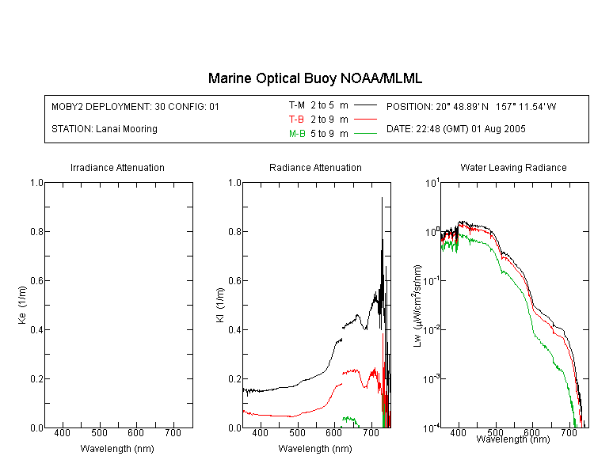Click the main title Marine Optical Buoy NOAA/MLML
314,78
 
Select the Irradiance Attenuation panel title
117,167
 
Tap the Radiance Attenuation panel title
315,167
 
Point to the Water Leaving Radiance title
513,167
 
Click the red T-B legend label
296,120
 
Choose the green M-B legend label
297,133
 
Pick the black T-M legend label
297,105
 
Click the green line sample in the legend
365,133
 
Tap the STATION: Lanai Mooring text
105,129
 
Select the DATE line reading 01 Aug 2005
455,129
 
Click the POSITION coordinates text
471,106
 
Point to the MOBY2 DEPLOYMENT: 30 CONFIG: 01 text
135,106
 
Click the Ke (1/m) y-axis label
22,305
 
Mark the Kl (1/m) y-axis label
219,305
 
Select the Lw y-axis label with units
417,306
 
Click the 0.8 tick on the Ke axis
36,231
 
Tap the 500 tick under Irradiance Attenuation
99,433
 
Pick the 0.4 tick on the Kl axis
235,330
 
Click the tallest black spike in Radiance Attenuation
382,198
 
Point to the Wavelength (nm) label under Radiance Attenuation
315,449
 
